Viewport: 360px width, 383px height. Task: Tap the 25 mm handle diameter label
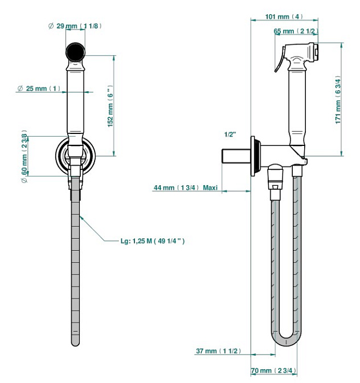point(39,88)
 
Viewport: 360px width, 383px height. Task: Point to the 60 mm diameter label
point(24,156)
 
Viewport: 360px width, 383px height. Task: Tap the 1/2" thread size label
point(230,135)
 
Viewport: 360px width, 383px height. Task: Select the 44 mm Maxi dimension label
point(186,188)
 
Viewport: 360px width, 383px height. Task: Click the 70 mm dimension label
point(274,371)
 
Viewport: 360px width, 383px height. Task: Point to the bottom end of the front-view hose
point(76,340)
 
